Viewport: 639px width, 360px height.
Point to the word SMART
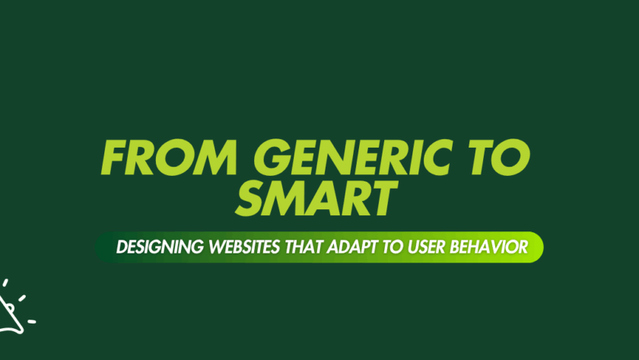pyautogui.click(x=316, y=200)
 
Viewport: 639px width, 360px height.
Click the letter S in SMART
pyautogui.click(x=252, y=200)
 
